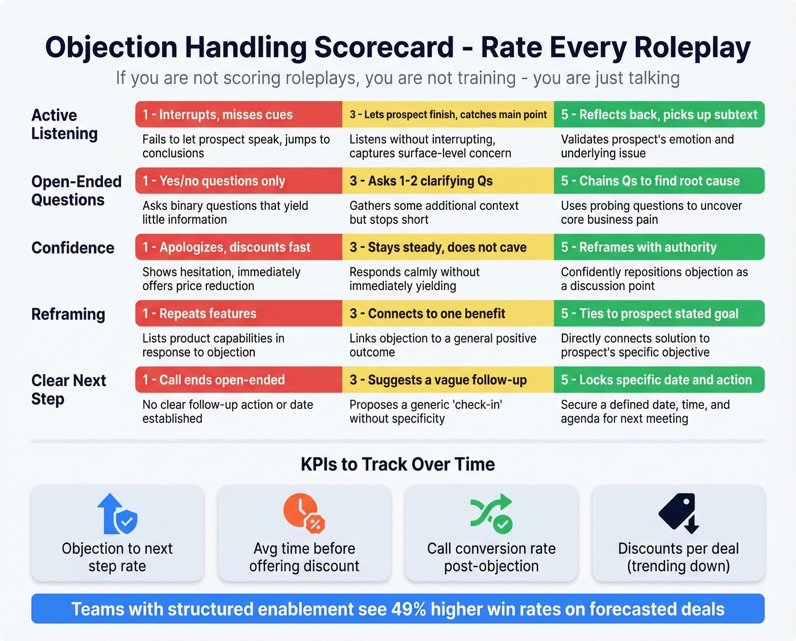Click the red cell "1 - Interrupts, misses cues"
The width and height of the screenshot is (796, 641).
(238, 114)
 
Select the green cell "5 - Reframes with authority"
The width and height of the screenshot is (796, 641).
(658, 247)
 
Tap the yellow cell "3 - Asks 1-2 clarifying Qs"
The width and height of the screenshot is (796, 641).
(447, 181)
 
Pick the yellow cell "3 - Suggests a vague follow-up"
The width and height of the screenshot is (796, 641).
(447, 380)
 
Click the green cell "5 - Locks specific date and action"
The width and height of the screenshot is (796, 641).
(658, 380)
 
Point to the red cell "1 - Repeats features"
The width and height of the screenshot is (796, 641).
(238, 313)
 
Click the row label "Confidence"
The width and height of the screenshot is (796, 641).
(73, 248)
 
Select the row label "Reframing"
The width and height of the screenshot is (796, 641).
(68, 314)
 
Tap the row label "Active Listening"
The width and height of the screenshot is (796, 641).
(64, 124)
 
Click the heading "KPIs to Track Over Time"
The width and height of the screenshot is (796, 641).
(397, 464)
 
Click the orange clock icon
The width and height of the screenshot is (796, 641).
(304, 512)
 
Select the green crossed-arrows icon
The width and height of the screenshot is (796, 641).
(491, 513)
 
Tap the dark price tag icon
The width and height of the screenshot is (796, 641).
(678, 512)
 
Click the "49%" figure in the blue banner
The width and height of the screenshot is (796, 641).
(408, 609)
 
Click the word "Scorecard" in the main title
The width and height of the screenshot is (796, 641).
(384, 47)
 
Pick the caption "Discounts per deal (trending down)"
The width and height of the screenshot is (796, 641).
(678, 557)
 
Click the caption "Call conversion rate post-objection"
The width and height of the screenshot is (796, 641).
(491, 557)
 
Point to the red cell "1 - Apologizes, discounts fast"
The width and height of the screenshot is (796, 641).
(238, 247)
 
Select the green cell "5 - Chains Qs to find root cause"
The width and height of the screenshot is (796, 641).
(658, 181)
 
